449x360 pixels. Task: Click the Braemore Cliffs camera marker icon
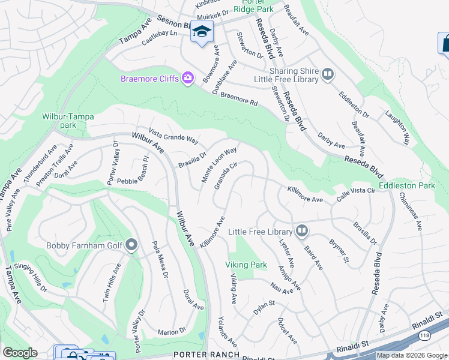[x=188, y=78]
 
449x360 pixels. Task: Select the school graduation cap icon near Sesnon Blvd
[x=202, y=32]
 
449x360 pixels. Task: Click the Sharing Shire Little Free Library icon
[x=327, y=74]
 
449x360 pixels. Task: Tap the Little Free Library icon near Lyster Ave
[x=301, y=230]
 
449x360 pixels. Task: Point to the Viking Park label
[x=246, y=265]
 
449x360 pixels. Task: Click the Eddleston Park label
[x=411, y=186]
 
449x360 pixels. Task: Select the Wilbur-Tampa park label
[x=59, y=121]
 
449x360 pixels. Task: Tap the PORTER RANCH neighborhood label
[x=197, y=355]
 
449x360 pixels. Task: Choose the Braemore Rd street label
[x=239, y=99]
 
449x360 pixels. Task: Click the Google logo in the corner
[x=20, y=353]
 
